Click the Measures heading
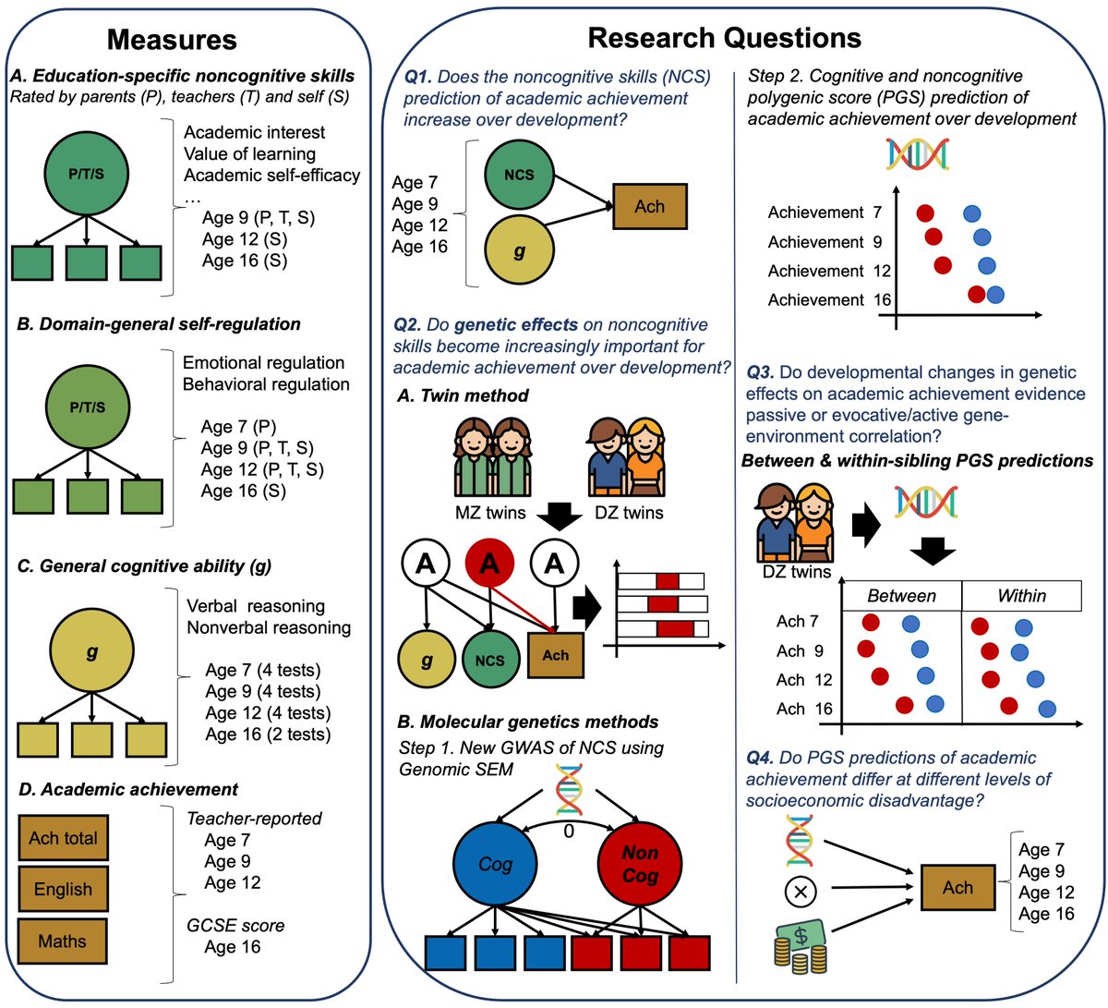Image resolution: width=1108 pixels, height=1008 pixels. coord(172,40)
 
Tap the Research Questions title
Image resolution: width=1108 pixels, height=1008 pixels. coord(724,38)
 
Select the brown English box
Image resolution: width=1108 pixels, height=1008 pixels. coord(63,889)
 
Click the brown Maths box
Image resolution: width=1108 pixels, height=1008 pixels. coord(63,941)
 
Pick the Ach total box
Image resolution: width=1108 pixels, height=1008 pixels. coord(63,838)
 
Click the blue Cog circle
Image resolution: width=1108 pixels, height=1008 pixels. coord(495,864)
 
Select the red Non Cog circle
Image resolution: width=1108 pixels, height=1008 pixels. coord(640,864)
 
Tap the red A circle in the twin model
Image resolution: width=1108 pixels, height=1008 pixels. coord(489,564)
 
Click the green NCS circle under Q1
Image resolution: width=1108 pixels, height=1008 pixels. coord(519,175)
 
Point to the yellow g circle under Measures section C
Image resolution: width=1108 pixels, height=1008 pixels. coord(91,650)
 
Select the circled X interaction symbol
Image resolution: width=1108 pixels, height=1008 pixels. coord(801,892)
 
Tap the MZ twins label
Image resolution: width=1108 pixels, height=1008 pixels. coord(490,513)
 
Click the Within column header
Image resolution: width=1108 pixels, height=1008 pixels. coord(1021,596)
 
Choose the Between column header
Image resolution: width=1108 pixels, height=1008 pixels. coord(901,596)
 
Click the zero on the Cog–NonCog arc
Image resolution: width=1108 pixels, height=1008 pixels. coord(569,831)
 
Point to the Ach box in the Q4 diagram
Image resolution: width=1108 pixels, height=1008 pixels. coord(957,888)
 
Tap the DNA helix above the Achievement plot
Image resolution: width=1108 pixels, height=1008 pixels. coord(917,153)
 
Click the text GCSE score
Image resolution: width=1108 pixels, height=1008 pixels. coord(235,925)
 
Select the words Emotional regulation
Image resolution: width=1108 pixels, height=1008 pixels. coord(263,363)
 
